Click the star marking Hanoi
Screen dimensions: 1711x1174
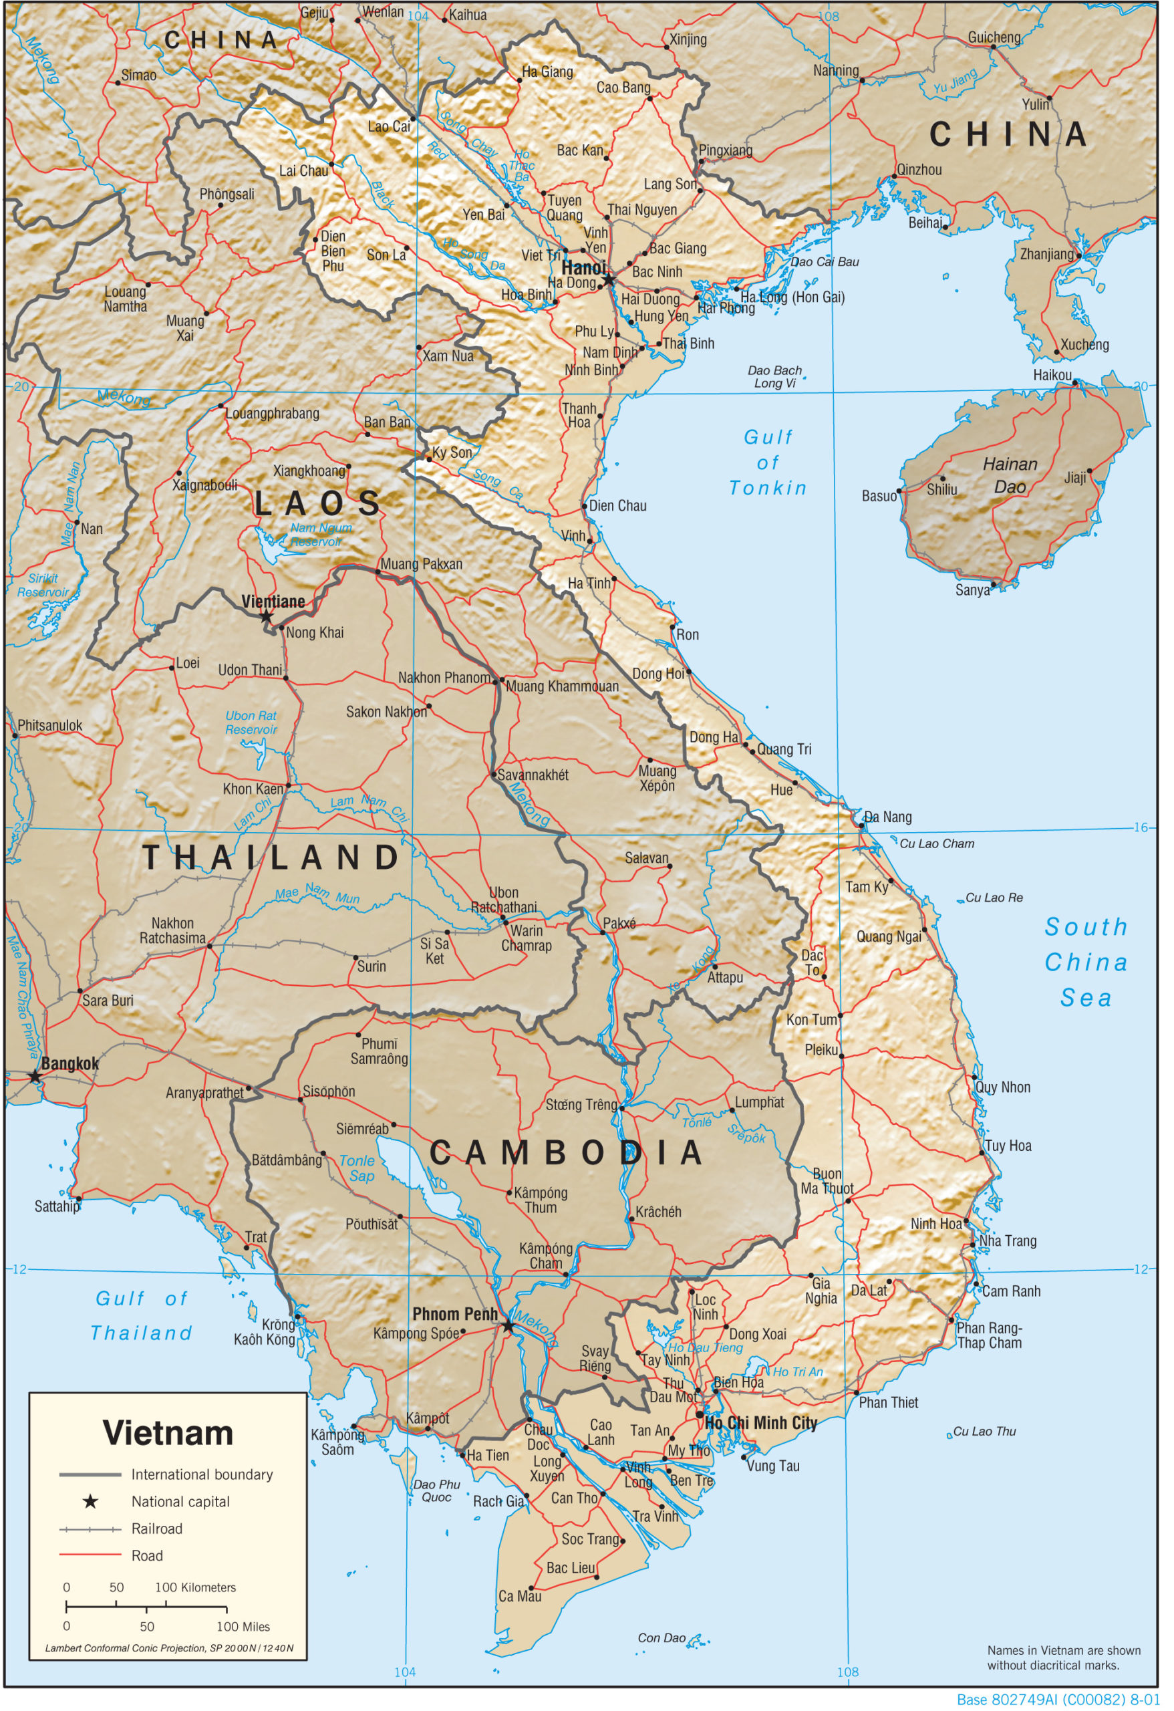609,281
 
